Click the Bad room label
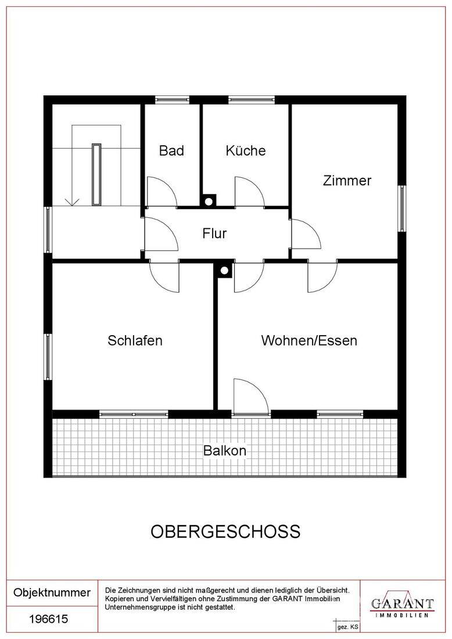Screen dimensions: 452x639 pos(171,150)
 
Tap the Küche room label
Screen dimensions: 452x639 pos(245,150)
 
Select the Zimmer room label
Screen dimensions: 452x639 pos(347,181)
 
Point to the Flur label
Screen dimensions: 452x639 pos(214,234)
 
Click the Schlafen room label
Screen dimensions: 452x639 pos(135,340)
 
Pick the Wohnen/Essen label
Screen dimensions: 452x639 pos(309,340)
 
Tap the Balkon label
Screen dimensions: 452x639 pos(225,451)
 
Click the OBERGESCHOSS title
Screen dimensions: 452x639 pos(225,532)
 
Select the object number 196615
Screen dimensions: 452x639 pos(48,619)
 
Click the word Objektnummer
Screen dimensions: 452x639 pos(52,593)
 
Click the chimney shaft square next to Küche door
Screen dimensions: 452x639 pos(208,200)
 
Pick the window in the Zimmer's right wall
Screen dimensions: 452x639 pos(402,208)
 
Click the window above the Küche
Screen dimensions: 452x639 pos(252,99)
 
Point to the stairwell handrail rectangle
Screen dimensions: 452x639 pos(96,174)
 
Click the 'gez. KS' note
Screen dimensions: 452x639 pos(347,627)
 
